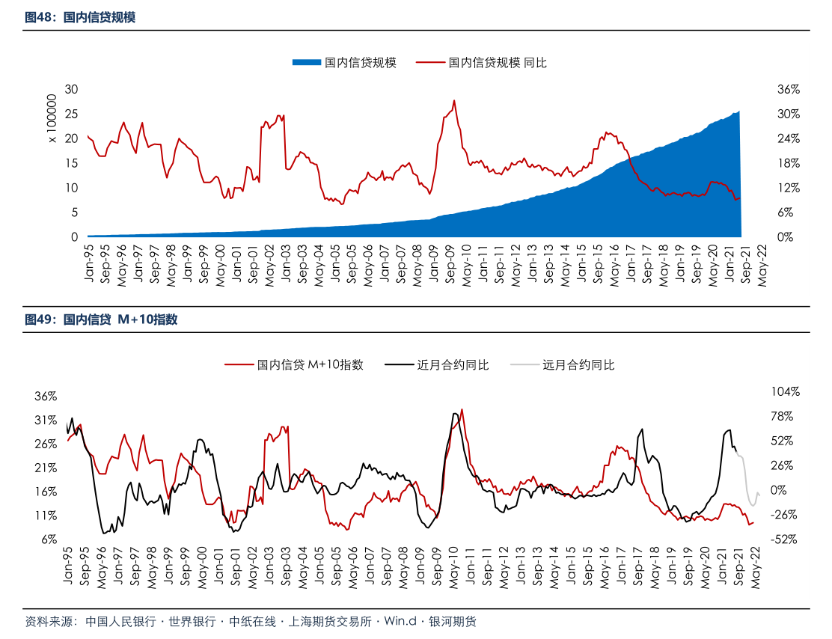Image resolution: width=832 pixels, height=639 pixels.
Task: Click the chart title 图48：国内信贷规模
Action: (x=80, y=17)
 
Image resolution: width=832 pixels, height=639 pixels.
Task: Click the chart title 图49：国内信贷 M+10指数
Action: (x=101, y=320)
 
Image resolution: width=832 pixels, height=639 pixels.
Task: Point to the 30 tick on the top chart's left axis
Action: (x=72, y=89)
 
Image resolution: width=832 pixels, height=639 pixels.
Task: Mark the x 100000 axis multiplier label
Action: (x=52, y=118)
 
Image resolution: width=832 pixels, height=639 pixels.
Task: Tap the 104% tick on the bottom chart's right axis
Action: (x=786, y=391)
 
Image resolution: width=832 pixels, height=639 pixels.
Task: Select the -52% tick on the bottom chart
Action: (x=786, y=539)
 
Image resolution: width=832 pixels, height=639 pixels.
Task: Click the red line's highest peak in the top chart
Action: (x=454, y=101)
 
